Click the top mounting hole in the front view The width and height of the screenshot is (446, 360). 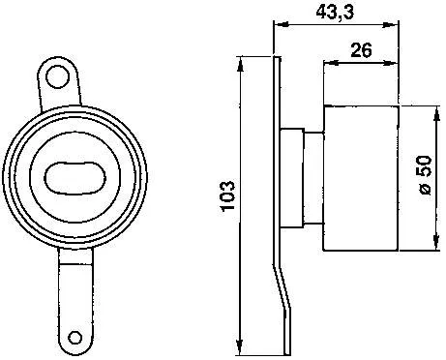point(61,73)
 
